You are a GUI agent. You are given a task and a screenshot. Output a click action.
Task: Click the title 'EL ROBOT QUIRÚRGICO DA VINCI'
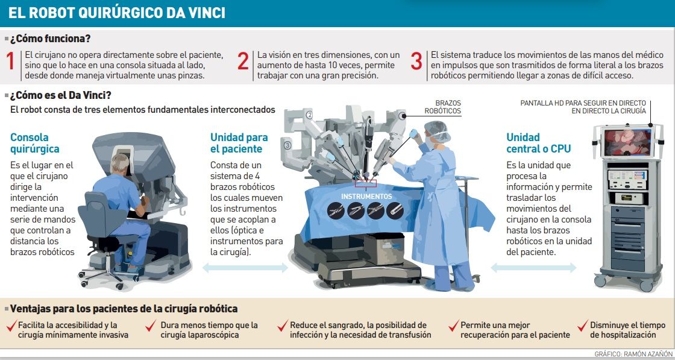pyautogui.click(x=117, y=13)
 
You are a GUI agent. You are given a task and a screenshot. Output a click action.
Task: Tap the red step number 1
pyautogui.click(x=11, y=62)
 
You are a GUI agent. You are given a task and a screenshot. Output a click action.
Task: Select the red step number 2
pyautogui.click(x=243, y=62)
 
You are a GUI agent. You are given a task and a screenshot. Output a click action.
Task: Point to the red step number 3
pyautogui.click(x=416, y=62)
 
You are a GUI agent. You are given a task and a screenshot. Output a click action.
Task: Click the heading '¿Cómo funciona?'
pyautogui.click(x=51, y=39)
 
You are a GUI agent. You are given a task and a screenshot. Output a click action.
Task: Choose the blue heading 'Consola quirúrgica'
pyautogui.click(x=35, y=144)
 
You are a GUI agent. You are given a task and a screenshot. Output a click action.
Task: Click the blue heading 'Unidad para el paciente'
pyautogui.click(x=239, y=143)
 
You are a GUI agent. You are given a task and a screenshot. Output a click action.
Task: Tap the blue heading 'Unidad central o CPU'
pyautogui.click(x=539, y=143)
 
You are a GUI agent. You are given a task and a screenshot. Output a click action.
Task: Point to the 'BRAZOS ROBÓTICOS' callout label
pyautogui.click(x=442, y=107)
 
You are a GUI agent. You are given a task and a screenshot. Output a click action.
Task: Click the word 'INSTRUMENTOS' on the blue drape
pyautogui.click(x=366, y=197)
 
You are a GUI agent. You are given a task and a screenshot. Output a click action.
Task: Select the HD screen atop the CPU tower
pyautogui.click(x=627, y=142)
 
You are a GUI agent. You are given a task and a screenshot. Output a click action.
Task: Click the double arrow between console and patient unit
pyautogui.click(x=245, y=268)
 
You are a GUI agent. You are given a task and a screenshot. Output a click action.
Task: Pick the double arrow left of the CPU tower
pyautogui.click(x=533, y=268)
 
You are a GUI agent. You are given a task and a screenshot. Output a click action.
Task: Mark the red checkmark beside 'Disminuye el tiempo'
pyautogui.click(x=583, y=326)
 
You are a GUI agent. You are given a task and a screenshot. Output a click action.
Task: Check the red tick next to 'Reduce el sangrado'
pyautogui.click(x=283, y=326)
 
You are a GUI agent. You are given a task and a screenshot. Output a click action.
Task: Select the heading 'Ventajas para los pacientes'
pyautogui.click(x=124, y=309)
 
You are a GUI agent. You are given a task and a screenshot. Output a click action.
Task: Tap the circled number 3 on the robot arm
pyautogui.click(x=287, y=145)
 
